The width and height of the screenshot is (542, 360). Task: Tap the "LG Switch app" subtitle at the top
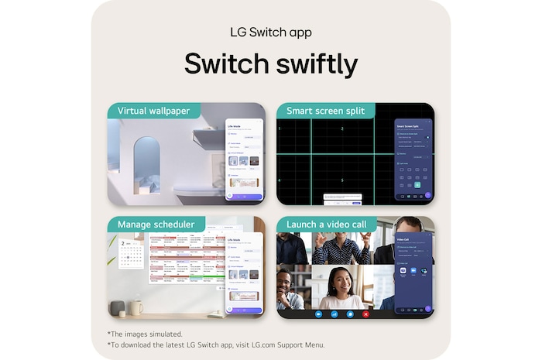click(x=271, y=33)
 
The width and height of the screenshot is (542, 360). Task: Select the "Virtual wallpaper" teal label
click(x=153, y=111)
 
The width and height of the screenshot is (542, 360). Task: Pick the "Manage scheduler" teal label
click(x=156, y=225)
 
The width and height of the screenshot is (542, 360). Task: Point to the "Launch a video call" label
click(x=327, y=225)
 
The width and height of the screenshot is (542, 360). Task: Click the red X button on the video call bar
click(x=366, y=314)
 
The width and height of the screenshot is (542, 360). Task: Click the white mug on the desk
click(x=135, y=307)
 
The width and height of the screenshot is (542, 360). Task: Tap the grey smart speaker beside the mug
click(x=117, y=307)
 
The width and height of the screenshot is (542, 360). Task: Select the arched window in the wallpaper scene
click(x=146, y=164)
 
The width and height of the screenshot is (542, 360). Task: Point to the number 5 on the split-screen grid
click(x=341, y=180)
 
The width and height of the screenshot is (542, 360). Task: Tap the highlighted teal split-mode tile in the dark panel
click(x=417, y=184)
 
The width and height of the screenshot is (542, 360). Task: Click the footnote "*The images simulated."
click(x=145, y=334)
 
